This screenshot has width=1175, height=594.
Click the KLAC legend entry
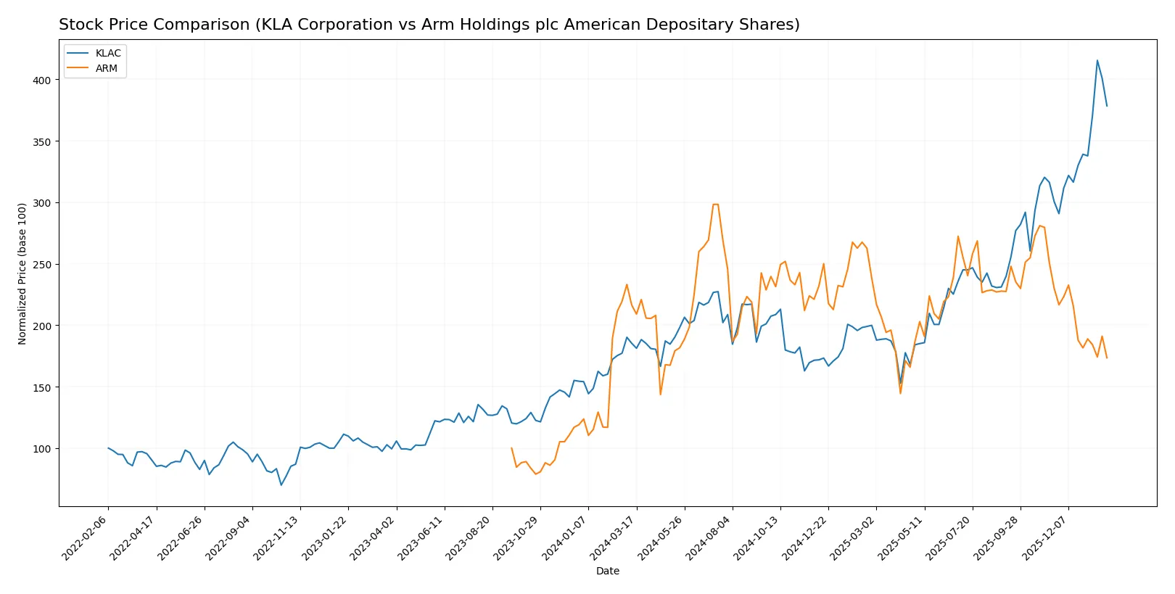(107, 53)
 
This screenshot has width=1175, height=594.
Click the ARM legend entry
(106, 68)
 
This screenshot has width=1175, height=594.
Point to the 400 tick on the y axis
(42, 80)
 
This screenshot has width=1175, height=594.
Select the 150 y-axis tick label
(42, 387)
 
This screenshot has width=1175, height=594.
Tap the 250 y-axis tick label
(42, 265)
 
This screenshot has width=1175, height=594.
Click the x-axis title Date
(607, 571)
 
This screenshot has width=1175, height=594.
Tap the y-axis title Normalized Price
(22, 273)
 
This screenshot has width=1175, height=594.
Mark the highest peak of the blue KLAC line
(1097, 60)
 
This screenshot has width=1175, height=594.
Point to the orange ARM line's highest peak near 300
(715, 205)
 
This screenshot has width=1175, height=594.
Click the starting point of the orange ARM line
(511, 448)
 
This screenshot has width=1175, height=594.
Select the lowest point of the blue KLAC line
(281, 484)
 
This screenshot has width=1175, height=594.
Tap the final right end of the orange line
(1107, 358)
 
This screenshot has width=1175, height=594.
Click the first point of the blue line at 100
(108, 448)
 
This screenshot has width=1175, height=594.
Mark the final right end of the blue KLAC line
(1107, 106)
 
